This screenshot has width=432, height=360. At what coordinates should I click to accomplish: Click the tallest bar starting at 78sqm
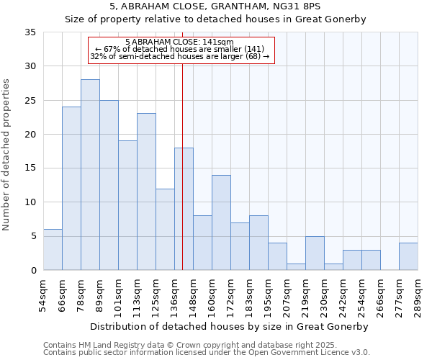pos(90,175)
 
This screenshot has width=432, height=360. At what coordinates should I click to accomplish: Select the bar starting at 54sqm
pos(53,250)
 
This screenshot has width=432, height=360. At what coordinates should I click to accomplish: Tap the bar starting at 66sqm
pos(71,189)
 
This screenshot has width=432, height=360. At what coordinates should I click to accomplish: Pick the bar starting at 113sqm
pos(146,192)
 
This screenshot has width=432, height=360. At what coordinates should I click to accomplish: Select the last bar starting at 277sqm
pos(408,256)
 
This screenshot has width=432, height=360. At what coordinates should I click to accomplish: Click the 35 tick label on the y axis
pos(30,32)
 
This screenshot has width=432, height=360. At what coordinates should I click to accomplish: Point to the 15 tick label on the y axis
pos(30,168)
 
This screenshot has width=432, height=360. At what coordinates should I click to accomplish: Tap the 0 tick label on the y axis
pos(32,270)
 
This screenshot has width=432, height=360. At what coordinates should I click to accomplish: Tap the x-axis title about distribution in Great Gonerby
pos(230,326)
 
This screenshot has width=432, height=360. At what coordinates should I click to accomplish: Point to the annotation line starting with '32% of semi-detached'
pos(180,56)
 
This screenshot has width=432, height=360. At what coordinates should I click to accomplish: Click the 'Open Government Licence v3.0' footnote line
pos(207,352)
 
